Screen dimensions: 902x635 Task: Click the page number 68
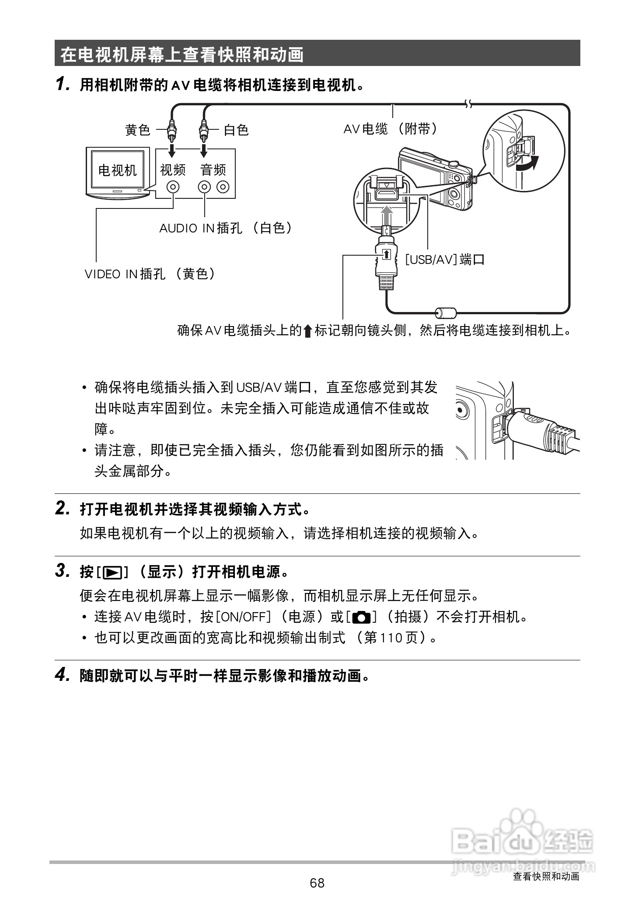(317, 883)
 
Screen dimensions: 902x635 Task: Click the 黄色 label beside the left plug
(138, 130)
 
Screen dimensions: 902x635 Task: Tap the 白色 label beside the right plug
(236, 130)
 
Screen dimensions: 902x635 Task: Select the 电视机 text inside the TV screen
(117, 170)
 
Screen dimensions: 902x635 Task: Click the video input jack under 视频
(174, 187)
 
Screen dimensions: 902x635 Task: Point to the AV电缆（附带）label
(390, 129)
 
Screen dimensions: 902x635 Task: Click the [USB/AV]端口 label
(445, 260)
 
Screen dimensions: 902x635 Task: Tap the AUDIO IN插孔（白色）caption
(226, 228)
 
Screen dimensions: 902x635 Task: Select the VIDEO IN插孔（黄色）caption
(150, 274)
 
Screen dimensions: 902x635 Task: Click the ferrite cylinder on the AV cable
(446, 312)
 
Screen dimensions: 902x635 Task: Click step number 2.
(62, 508)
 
